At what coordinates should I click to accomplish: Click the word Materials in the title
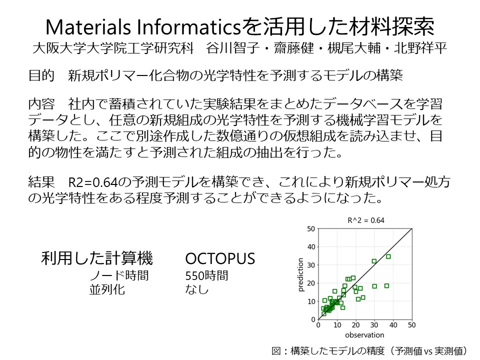88,27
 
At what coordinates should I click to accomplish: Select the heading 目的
41,75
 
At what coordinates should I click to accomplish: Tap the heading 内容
41,104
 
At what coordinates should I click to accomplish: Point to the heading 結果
41,182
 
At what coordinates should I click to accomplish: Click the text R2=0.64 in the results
93,182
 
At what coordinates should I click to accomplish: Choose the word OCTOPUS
220,258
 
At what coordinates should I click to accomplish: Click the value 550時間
206,275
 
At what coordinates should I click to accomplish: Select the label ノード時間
119,275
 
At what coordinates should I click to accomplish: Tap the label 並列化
107,289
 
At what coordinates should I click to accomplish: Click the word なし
197,289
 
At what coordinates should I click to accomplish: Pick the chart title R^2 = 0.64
366,220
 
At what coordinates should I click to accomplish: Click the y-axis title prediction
300,274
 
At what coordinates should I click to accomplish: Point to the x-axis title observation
364,335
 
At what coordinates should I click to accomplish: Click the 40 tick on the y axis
311,247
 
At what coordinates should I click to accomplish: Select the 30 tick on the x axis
374,325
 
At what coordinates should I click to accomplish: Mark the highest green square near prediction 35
388,256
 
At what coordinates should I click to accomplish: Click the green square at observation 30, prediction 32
374,261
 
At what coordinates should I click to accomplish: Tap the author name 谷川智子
233,48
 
